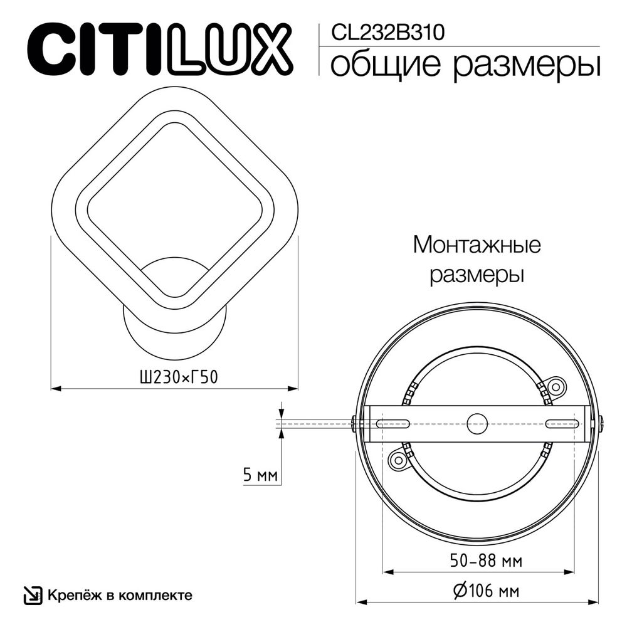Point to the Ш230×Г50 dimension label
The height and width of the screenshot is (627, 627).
coord(172,377)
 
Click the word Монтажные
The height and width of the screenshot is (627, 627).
coord(477,245)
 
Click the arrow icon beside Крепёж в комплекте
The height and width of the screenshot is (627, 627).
coord(31,595)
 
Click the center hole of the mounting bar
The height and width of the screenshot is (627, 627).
coord(478,422)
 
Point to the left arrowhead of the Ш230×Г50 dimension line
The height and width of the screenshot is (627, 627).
coord(55,389)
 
